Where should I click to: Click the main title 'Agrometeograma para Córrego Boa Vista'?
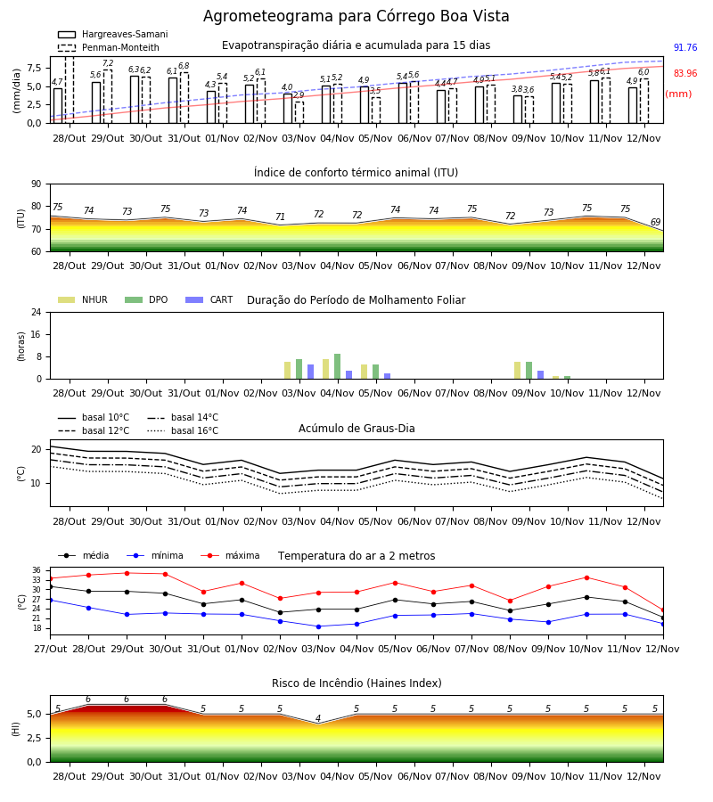356,16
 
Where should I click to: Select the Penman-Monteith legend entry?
109,47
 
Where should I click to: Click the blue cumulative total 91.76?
685,47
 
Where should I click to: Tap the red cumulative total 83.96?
685,73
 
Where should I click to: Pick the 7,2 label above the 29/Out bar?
108,63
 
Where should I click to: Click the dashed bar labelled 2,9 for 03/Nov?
299,112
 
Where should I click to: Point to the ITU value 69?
656,222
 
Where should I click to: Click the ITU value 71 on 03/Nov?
280,217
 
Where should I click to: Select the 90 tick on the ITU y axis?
36,184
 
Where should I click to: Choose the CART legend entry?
209,299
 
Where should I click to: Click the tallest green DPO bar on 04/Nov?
338,366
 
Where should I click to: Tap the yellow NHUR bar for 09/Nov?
518,371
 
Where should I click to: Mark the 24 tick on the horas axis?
36,312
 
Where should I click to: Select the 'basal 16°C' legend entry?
183,430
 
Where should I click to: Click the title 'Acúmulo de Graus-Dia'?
356,428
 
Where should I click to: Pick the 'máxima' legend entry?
230,555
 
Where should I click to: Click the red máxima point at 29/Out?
127,573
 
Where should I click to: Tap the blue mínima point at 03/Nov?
319,626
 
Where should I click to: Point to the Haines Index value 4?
318,718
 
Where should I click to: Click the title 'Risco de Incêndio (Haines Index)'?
356,683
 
